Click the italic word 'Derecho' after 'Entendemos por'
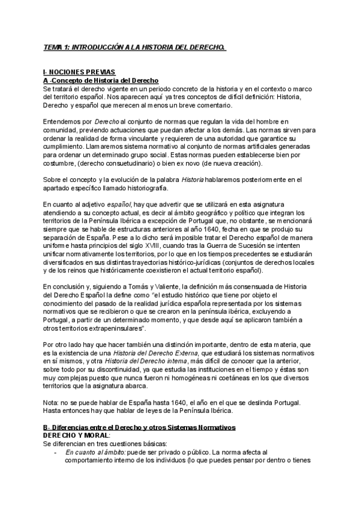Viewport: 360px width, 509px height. (x=107, y=122)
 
